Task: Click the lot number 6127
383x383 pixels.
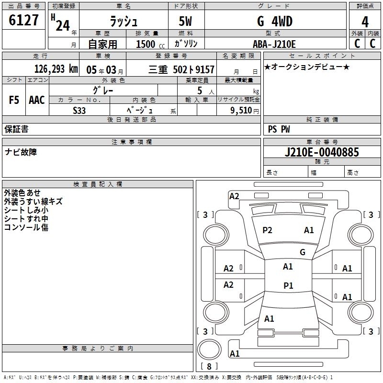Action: point(23,20)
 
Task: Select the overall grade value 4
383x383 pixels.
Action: point(365,22)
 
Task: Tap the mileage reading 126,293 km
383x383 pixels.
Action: point(56,69)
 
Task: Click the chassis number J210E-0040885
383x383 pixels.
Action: point(322,152)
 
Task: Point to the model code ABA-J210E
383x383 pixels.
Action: point(274,44)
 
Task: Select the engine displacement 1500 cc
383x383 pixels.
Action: point(150,44)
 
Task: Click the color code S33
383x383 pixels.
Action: point(79,111)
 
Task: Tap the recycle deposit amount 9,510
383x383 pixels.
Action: point(241,110)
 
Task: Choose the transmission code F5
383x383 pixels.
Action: point(14,100)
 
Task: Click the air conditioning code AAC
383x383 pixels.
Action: point(37,100)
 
